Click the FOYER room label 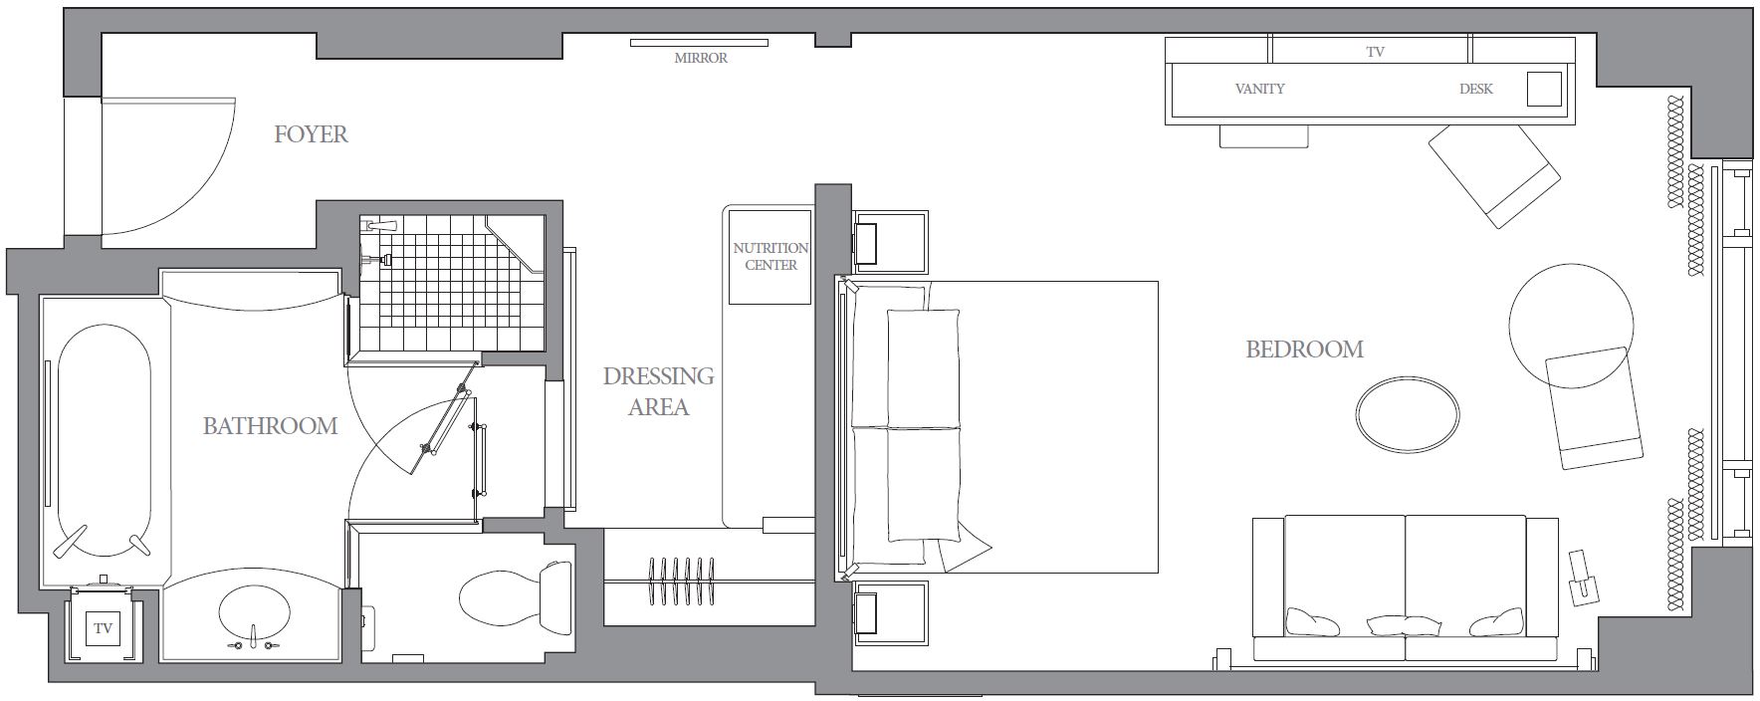click(311, 134)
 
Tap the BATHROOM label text click(270, 426)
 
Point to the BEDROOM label click(1304, 350)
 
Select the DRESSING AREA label click(658, 391)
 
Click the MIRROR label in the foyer click(701, 59)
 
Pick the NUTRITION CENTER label click(770, 256)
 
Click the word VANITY click(1259, 89)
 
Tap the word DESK click(1475, 89)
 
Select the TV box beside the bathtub click(103, 628)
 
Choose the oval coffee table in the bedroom click(1408, 413)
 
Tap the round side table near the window click(1571, 326)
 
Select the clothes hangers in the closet click(682, 581)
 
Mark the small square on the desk click(1544, 89)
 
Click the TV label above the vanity click(1375, 52)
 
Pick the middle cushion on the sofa click(1404, 625)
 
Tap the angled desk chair click(1494, 175)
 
